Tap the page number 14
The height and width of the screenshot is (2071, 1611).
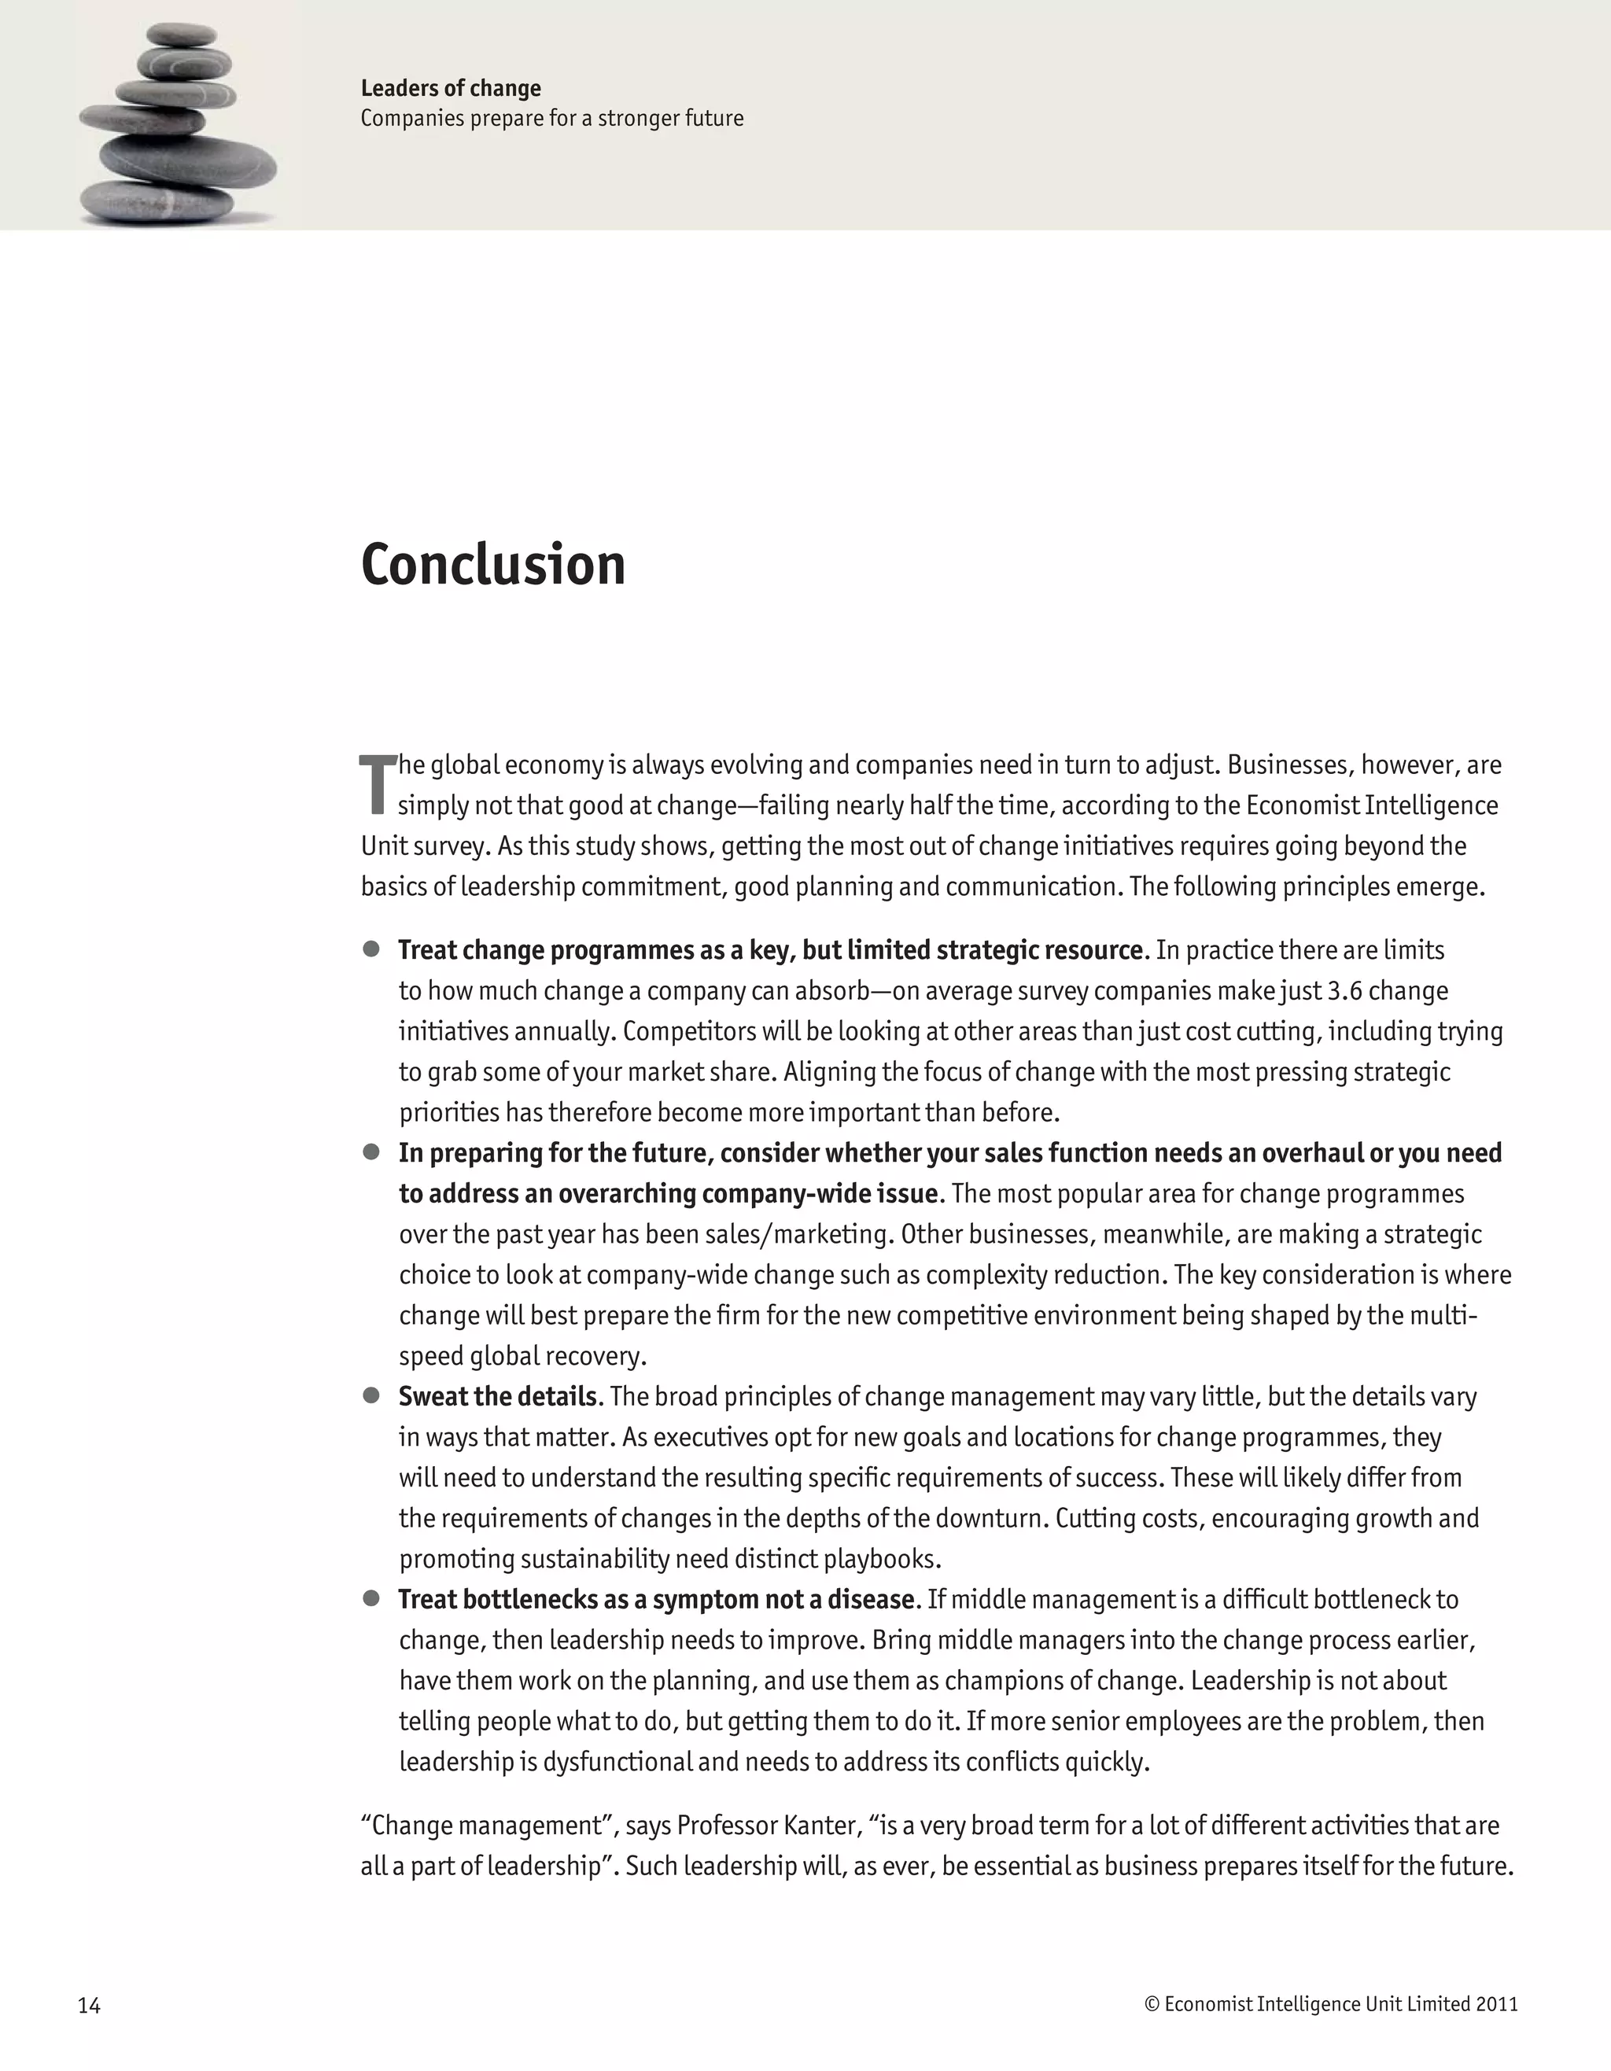pyautogui.click(x=89, y=2005)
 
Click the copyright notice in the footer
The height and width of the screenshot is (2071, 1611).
pyautogui.click(x=1330, y=2003)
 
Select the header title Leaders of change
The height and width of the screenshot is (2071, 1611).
pyautogui.click(x=451, y=88)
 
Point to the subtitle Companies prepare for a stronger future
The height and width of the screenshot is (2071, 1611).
pyautogui.click(x=552, y=119)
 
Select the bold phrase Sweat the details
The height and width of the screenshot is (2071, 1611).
pyautogui.click(x=499, y=1397)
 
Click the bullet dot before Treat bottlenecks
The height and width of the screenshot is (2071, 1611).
pyautogui.click(x=372, y=1599)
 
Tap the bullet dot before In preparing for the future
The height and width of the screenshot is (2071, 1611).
pyautogui.click(x=372, y=1152)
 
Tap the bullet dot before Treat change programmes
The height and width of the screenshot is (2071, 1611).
pyautogui.click(x=372, y=949)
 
